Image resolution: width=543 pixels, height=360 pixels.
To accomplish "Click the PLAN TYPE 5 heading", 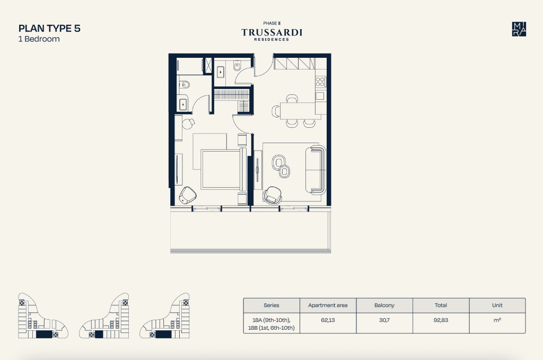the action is pos(49,29).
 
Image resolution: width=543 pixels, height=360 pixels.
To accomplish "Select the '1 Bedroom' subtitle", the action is pos(39,39).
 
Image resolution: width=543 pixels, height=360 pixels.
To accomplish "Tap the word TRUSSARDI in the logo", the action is pos(272,32).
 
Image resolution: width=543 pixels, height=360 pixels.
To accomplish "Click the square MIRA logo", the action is pos(519,29).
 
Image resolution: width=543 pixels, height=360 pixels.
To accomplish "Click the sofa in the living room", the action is pos(316,170).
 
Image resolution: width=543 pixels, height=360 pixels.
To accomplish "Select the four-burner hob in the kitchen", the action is pos(320,82).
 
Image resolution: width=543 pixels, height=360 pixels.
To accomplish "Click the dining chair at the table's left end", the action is pos(276,111).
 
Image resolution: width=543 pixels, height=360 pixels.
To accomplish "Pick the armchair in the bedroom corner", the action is pos(187,195).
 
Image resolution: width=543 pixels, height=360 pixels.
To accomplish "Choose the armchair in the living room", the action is pos(273,195).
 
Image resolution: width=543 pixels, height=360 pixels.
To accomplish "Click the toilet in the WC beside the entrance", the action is pos(237,66).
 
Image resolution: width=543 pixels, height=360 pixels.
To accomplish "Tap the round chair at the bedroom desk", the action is pos(188,123).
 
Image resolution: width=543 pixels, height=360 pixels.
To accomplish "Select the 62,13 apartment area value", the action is pos(328,320).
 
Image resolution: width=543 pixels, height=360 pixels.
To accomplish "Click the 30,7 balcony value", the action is pos(384,320).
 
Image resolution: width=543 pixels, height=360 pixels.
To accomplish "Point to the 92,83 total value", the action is pos(441,320).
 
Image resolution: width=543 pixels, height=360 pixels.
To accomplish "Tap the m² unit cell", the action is pos(497,320).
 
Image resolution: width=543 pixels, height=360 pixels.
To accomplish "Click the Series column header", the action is pos(271,305).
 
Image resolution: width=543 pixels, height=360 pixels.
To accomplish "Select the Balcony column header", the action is pos(384,305).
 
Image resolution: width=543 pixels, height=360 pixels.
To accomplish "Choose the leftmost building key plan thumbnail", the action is pos(43,315).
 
